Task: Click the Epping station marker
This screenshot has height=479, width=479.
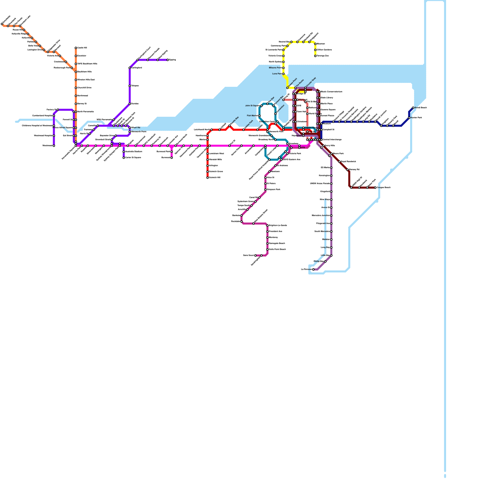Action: pyautogui.click(x=168, y=60)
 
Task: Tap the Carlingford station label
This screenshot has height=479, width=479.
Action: pyautogui.click(x=137, y=68)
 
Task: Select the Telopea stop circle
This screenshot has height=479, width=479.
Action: pyautogui.click(x=130, y=86)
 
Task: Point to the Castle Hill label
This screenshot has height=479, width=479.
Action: pyautogui.click(x=82, y=48)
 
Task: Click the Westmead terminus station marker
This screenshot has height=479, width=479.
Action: pyautogui.click(x=54, y=146)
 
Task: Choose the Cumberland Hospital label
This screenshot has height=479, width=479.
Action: pyautogui.click(x=42, y=116)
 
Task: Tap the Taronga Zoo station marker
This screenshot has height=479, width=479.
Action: pyautogui.click(x=315, y=56)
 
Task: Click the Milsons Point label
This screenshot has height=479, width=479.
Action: pyautogui.click(x=275, y=68)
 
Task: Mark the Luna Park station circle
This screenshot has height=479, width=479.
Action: pyautogui.click(x=283, y=74)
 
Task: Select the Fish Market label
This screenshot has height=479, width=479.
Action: pyautogui.click(x=252, y=116)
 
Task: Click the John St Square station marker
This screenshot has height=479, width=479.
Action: pyautogui.click(x=261, y=106)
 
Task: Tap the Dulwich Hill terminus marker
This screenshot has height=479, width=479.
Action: pyautogui.click(x=207, y=178)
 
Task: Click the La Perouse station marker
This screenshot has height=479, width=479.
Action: pyautogui.click(x=313, y=269)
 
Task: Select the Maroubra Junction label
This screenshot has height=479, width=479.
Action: pyautogui.click(x=321, y=216)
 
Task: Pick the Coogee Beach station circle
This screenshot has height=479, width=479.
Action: pyautogui.click(x=375, y=188)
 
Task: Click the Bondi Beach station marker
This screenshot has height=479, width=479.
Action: pyautogui.click(x=413, y=108)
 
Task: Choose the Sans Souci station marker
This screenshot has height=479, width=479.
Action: pyautogui.click(x=255, y=255)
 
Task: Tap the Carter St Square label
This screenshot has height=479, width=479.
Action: pyautogui.click(x=133, y=158)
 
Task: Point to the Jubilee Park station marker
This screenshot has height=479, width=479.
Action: pyautogui.click(x=243, y=130)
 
